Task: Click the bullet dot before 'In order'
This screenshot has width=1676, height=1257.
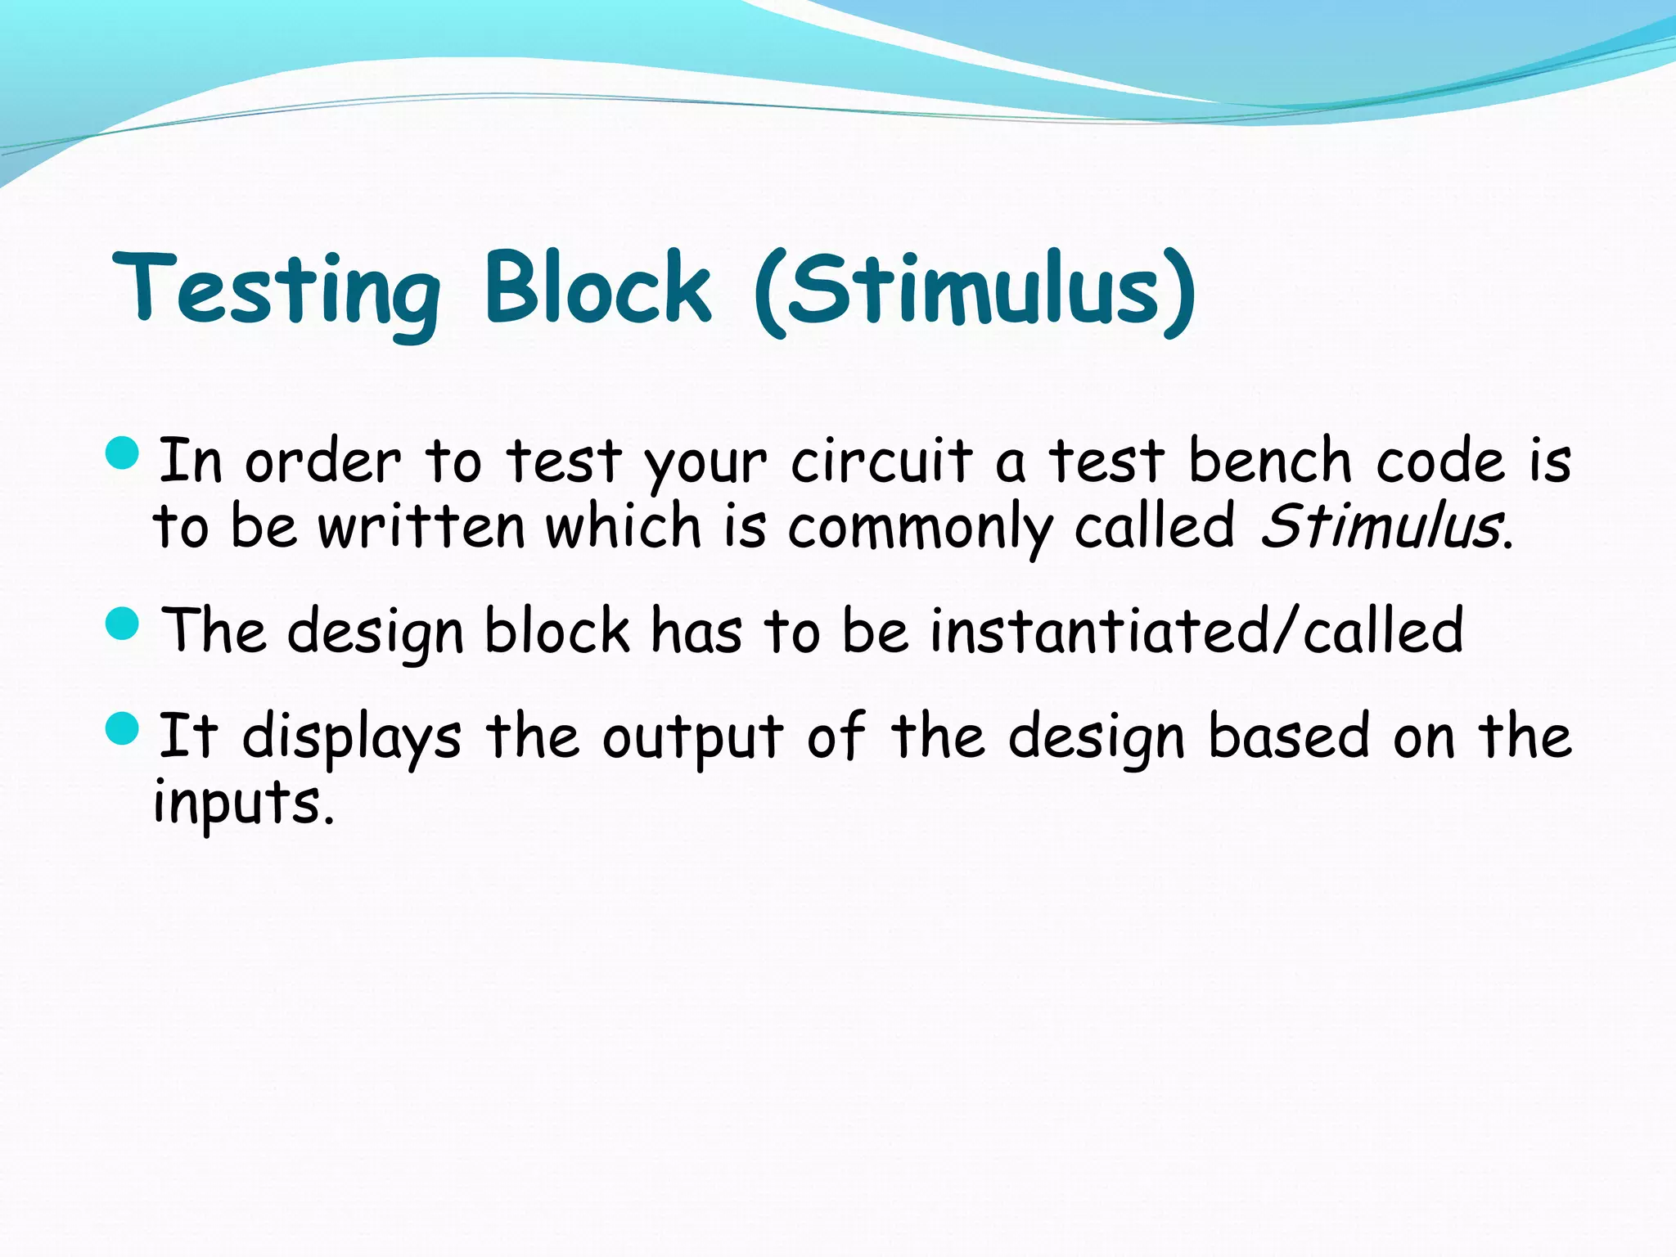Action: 124,453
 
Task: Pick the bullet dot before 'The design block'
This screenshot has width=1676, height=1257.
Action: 124,624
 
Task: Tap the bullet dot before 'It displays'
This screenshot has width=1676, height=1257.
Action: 124,728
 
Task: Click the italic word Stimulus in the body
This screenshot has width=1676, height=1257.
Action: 1381,526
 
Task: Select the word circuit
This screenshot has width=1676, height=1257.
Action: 881,462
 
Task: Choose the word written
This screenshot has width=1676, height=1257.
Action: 421,526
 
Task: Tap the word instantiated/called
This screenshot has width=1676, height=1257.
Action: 1196,631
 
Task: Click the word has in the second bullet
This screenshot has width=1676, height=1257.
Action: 696,631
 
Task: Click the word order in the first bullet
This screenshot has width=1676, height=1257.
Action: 323,462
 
